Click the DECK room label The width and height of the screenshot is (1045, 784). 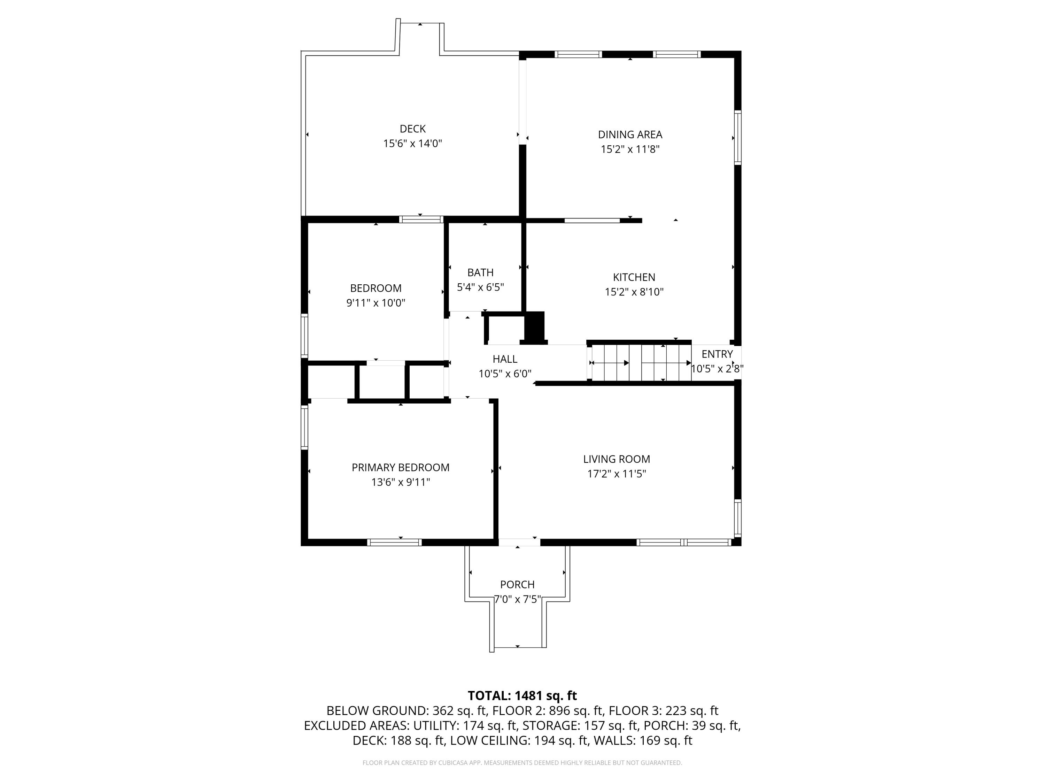[412, 129]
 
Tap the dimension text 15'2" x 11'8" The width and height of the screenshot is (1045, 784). [630, 149]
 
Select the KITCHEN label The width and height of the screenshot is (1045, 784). [634, 277]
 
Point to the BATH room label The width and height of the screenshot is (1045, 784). [480, 273]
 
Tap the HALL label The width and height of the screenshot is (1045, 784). [505, 359]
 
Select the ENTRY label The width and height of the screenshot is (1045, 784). [717, 354]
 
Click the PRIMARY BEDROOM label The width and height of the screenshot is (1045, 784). [401, 467]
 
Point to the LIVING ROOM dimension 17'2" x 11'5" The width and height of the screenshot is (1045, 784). [617, 474]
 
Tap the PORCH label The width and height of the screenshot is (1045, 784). [517, 585]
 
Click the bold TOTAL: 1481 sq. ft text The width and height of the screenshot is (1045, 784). [522, 695]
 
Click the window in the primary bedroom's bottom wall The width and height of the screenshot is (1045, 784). [394, 543]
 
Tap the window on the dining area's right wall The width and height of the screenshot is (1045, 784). [737, 138]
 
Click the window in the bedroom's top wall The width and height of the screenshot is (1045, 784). [421, 219]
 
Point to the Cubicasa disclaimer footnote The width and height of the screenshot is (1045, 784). [522, 762]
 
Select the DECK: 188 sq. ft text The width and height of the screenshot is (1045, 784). [398, 740]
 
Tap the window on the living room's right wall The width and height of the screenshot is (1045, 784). [737, 518]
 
